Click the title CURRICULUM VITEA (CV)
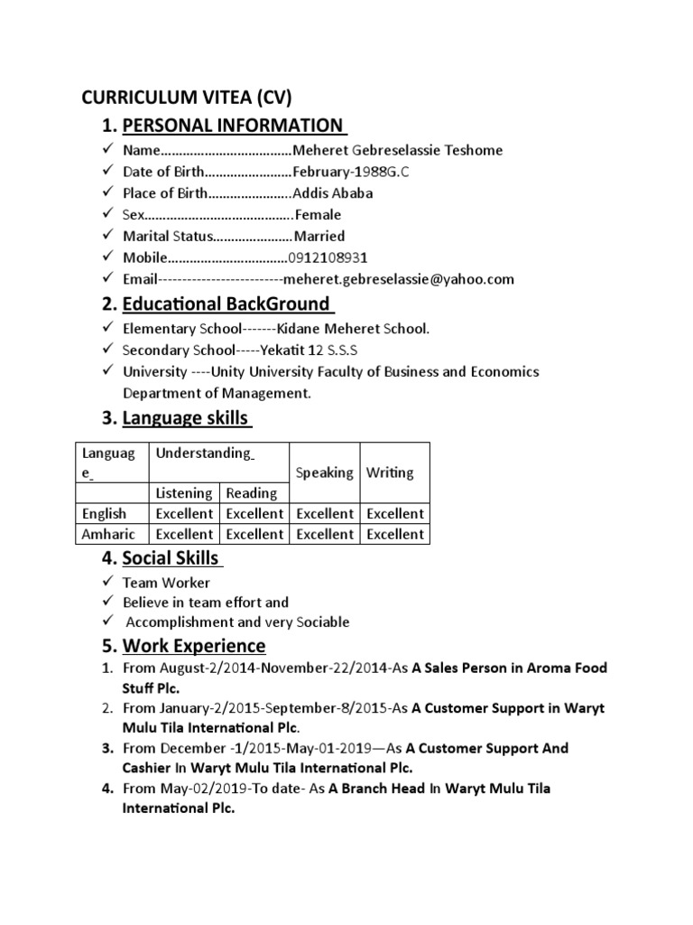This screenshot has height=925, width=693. point(188,97)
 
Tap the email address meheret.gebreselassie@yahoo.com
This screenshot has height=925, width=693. point(399,279)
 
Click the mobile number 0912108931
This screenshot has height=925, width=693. point(327,257)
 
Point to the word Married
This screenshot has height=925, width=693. point(319,236)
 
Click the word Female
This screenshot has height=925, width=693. point(319,215)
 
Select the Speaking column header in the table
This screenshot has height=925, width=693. point(325,472)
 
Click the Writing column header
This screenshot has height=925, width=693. point(391,472)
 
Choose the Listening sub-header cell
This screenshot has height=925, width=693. point(184,493)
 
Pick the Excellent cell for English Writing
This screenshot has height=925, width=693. point(395,513)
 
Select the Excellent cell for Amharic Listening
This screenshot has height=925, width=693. point(184,534)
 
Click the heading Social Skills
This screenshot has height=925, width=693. point(171,559)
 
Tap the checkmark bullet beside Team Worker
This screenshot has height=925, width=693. point(106,583)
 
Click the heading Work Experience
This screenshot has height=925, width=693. point(194,646)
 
